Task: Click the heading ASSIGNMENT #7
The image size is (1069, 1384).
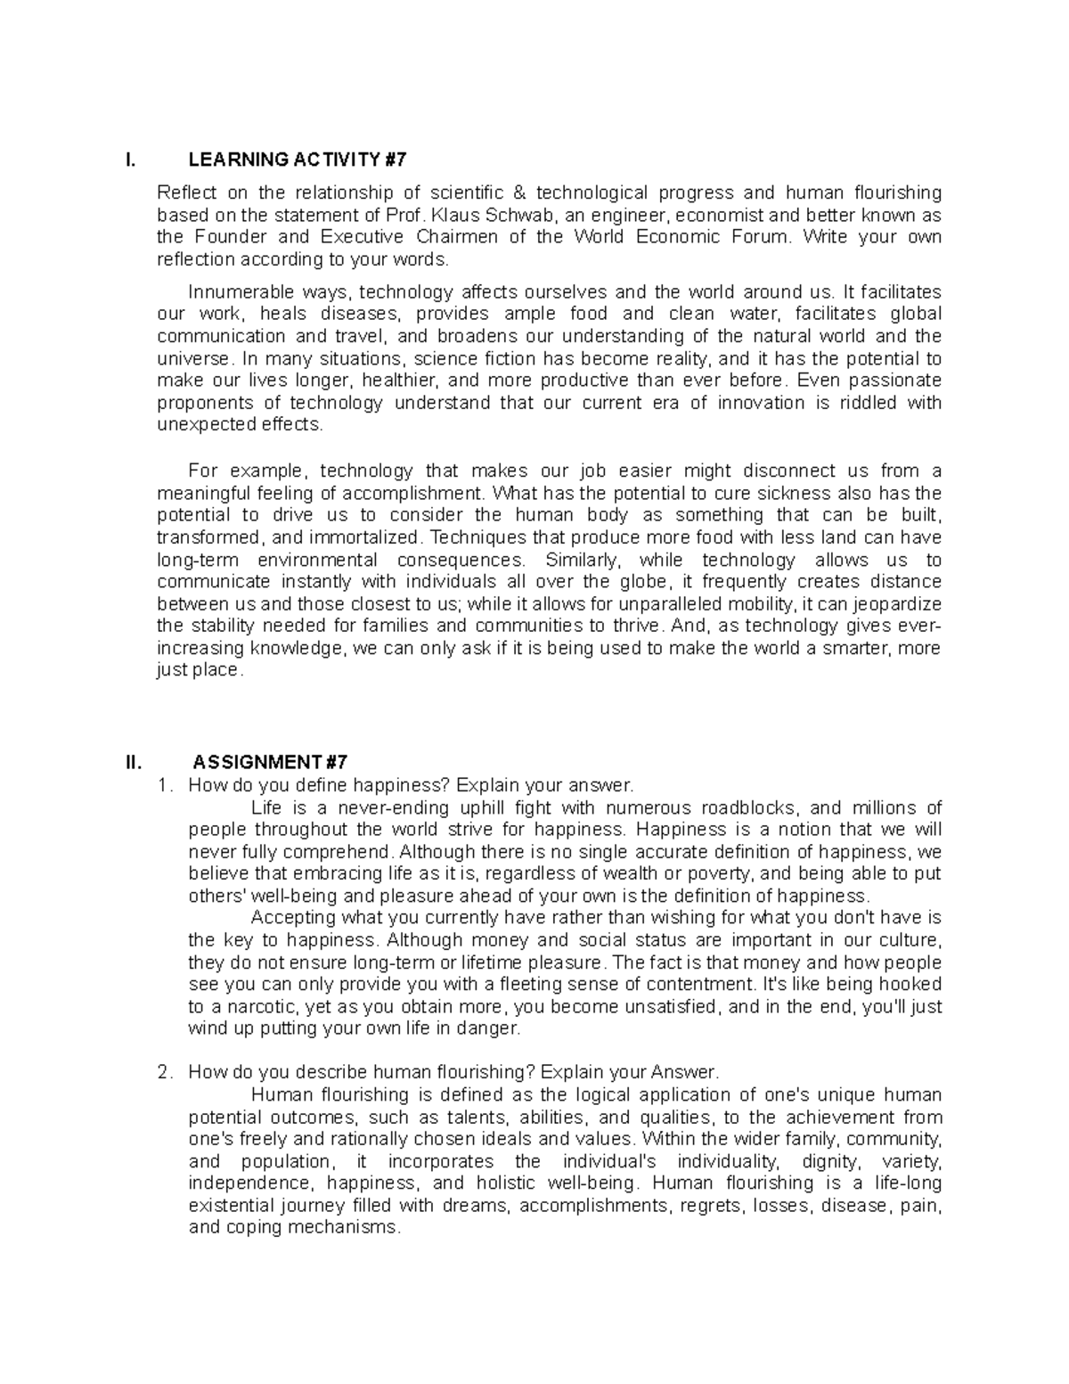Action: (x=270, y=763)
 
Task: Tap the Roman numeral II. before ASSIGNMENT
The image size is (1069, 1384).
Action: (x=134, y=763)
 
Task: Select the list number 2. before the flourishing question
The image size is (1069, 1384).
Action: (x=163, y=1073)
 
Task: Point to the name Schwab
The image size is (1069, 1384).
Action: (x=528, y=216)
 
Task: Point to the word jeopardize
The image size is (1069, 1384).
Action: (x=899, y=604)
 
